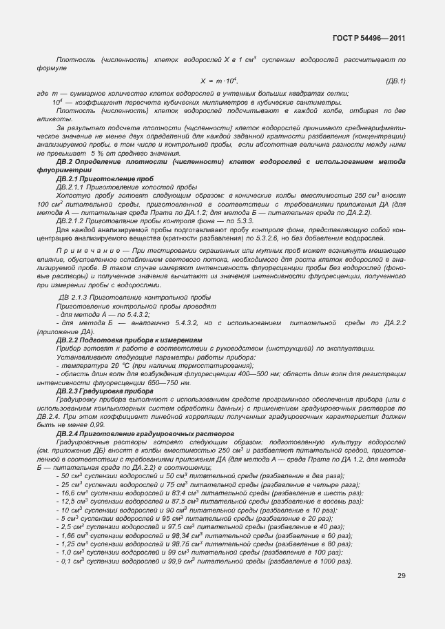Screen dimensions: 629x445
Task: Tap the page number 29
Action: pyautogui.click(x=401, y=576)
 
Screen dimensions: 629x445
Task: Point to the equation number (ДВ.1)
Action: pyautogui.click(x=395, y=81)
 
